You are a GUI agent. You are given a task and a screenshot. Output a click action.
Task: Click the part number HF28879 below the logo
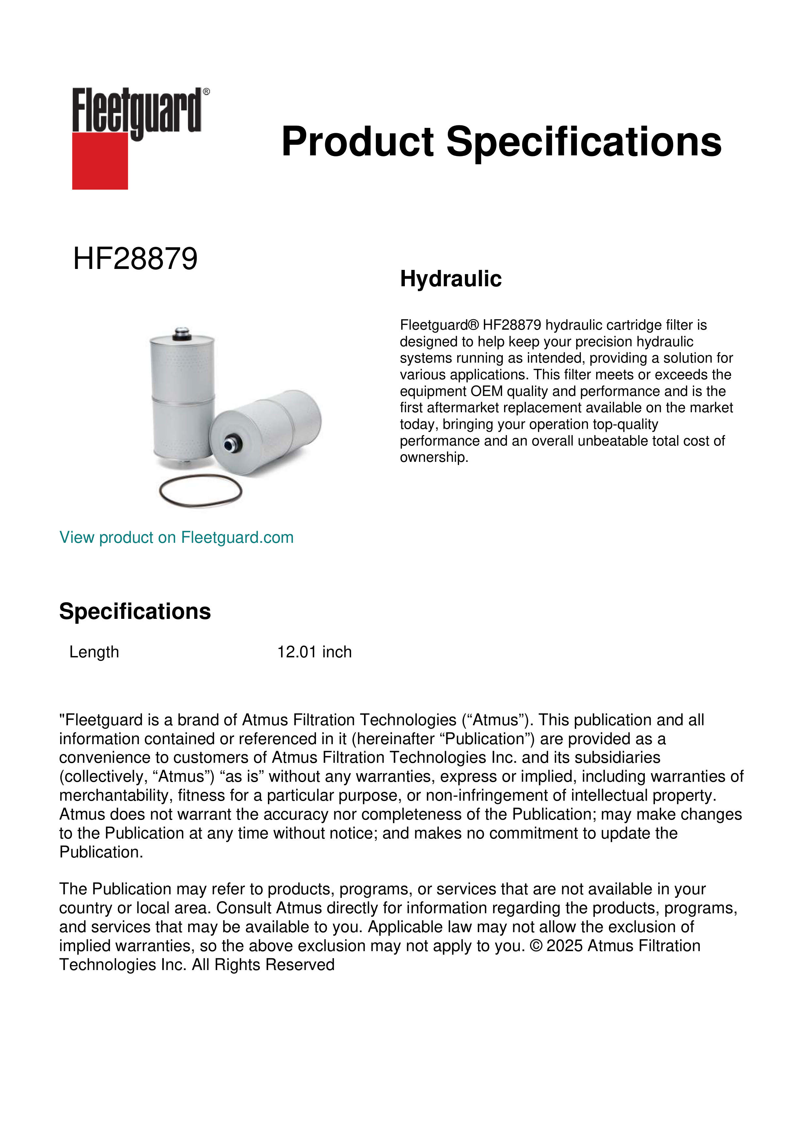(x=135, y=259)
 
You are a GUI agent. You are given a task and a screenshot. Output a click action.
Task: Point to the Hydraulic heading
(x=451, y=279)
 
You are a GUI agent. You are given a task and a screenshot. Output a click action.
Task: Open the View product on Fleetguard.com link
(x=176, y=538)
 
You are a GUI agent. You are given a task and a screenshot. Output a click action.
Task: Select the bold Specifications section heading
(x=135, y=611)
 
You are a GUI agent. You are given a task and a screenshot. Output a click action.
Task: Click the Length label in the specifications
(x=94, y=652)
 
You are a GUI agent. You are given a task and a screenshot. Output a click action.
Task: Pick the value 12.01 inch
(x=314, y=652)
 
